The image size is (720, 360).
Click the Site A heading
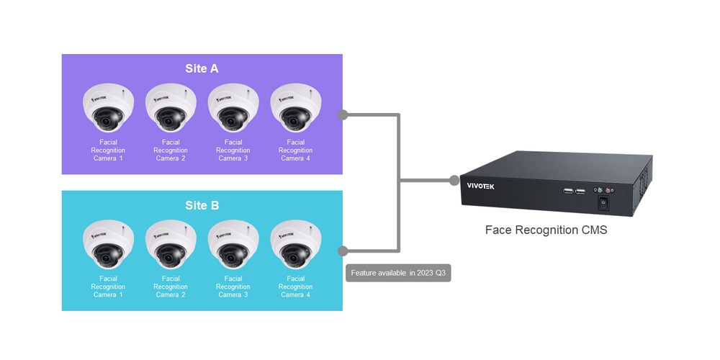pos(202,69)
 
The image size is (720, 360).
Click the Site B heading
pos(202,206)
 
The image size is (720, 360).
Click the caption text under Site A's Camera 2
pos(171,150)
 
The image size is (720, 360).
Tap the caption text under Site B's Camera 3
pos(233,287)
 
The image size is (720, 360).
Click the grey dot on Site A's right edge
pos(343,114)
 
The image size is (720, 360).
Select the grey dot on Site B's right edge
pos(343,251)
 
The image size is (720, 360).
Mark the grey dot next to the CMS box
pos(454,180)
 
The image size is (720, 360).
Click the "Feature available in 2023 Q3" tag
pos(398,274)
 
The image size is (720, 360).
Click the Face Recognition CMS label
pos(546,230)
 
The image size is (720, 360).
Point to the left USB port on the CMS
pos(568,191)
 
